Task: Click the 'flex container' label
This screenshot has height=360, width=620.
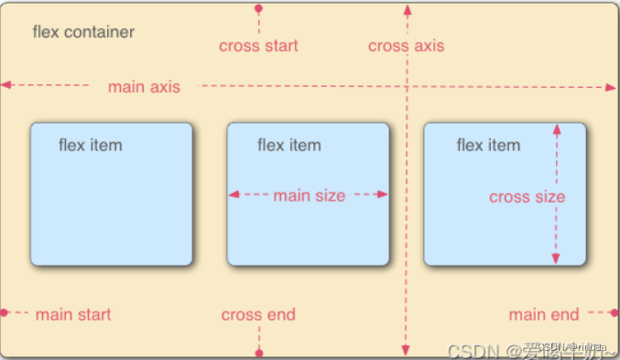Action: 83,33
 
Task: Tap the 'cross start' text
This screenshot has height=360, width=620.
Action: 258,46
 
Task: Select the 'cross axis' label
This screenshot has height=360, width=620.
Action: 406,46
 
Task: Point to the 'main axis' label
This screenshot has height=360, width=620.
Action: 144,87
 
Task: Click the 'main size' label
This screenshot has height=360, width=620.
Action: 310,195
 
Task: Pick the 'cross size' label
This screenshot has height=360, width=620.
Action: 527,197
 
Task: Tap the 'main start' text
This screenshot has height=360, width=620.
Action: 73,315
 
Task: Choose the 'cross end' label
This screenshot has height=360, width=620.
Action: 258,315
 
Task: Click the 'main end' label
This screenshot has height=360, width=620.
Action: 544,315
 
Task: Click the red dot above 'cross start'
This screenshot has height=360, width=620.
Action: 258,8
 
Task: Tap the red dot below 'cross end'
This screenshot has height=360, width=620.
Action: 259,353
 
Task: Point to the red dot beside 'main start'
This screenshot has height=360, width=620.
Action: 5,313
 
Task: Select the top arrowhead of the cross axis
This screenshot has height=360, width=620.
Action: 407,8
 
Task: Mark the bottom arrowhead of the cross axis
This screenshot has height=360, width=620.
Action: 406,351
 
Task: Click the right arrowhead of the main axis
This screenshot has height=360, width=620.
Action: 611,87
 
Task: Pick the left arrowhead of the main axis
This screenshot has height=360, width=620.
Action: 6,85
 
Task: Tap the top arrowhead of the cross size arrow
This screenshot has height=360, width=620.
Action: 556,129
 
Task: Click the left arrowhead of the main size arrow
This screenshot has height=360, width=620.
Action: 234,194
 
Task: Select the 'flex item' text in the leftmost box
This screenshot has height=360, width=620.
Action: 90,145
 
